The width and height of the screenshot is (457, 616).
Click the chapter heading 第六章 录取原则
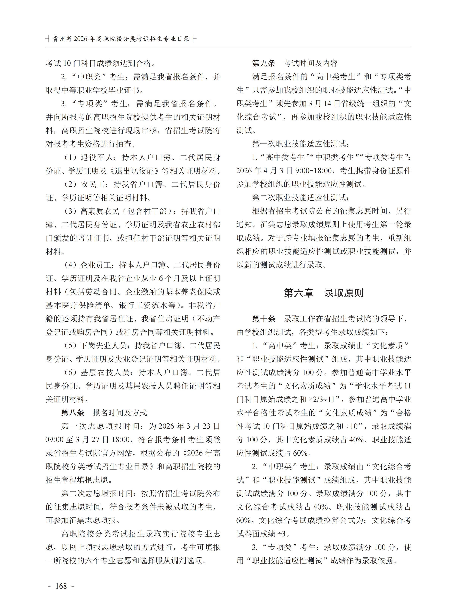point(324,293)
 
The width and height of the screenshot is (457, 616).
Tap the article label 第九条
point(264,63)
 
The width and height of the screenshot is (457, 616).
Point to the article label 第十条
point(264,319)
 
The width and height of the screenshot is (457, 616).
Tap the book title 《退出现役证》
point(134,171)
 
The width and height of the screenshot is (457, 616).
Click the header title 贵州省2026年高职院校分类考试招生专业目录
point(121,39)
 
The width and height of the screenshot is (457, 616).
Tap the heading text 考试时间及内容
point(310,63)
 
